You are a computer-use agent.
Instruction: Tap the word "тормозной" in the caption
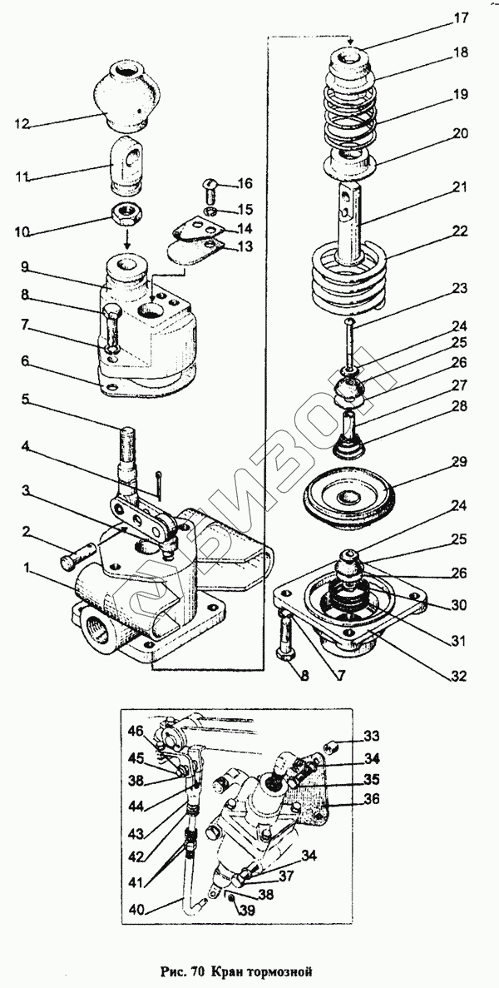[x=278, y=971]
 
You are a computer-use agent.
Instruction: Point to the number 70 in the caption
[x=197, y=971]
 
